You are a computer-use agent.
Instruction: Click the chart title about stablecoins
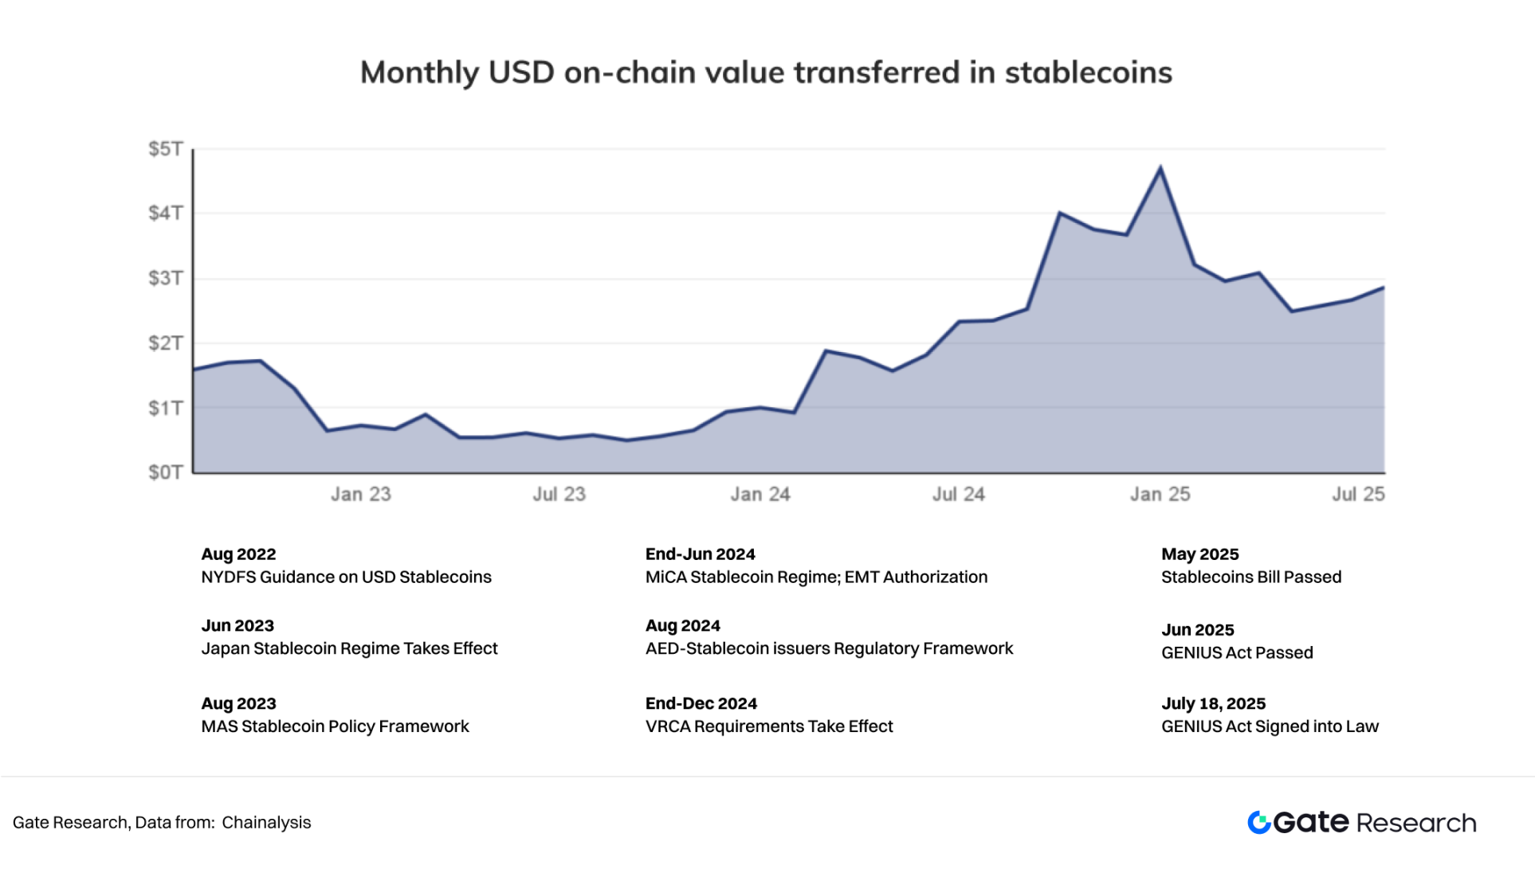tap(766, 72)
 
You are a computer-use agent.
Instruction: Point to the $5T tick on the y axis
tap(166, 149)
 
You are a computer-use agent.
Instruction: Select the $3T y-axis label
tap(166, 278)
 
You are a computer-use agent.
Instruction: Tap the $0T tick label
tap(166, 472)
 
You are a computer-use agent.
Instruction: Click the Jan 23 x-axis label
tap(361, 495)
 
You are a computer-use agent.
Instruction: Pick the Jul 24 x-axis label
tap(959, 495)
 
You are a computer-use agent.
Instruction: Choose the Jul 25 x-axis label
tap(1358, 495)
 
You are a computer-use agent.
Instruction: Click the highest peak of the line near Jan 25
tap(1160, 167)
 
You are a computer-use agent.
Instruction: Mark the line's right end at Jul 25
tap(1384, 288)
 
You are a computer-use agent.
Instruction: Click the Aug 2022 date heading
tap(238, 554)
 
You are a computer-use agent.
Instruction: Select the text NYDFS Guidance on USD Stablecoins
tap(346, 577)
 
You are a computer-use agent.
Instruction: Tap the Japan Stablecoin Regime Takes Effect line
tap(349, 649)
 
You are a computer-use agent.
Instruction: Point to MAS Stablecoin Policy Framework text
tap(335, 727)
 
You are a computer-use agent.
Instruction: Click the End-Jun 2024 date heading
tap(700, 554)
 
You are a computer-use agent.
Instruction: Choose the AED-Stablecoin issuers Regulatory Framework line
tap(829, 649)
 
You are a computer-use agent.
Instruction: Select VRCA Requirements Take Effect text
tap(769, 727)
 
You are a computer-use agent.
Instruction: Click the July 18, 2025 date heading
tap(1213, 704)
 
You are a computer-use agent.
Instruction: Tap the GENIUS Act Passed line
tap(1237, 653)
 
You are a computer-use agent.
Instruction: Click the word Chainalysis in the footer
tap(266, 823)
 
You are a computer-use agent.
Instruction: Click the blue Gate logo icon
tap(1259, 823)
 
